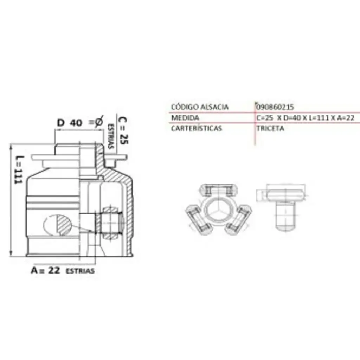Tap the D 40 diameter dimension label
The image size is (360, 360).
point(70,123)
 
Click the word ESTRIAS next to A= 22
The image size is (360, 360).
point(80,271)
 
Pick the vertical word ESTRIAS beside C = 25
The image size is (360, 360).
point(111,136)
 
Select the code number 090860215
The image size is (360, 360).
point(275,107)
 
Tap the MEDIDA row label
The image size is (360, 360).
point(185,118)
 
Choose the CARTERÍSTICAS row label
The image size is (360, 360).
point(197,128)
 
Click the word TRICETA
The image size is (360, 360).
point(270,128)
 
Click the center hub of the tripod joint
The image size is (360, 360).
point(218,209)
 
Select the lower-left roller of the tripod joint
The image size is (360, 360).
point(198,220)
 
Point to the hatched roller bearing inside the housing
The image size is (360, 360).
point(111,223)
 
